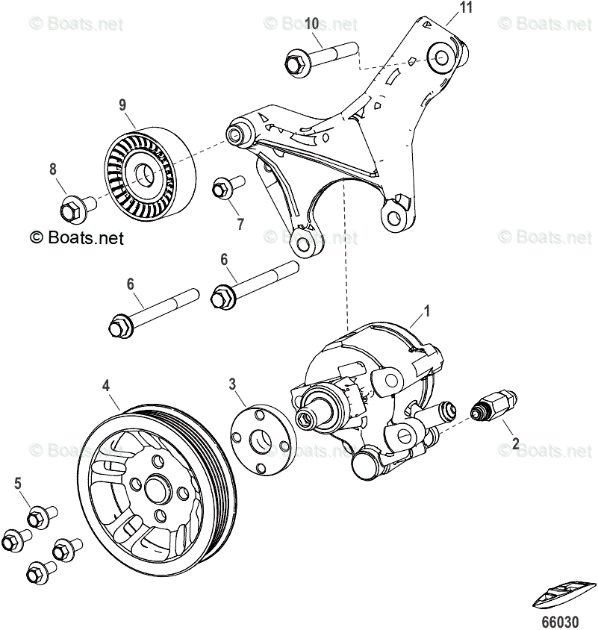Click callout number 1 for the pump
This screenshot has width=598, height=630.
tap(428, 308)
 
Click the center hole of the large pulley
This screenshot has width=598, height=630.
tap(156, 490)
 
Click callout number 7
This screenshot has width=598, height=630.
tap(240, 224)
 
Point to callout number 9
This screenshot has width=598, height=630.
tap(122, 104)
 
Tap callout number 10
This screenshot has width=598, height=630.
tap(311, 23)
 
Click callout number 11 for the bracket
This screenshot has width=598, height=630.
tap(466, 8)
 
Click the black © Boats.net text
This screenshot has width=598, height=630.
tap(76, 238)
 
